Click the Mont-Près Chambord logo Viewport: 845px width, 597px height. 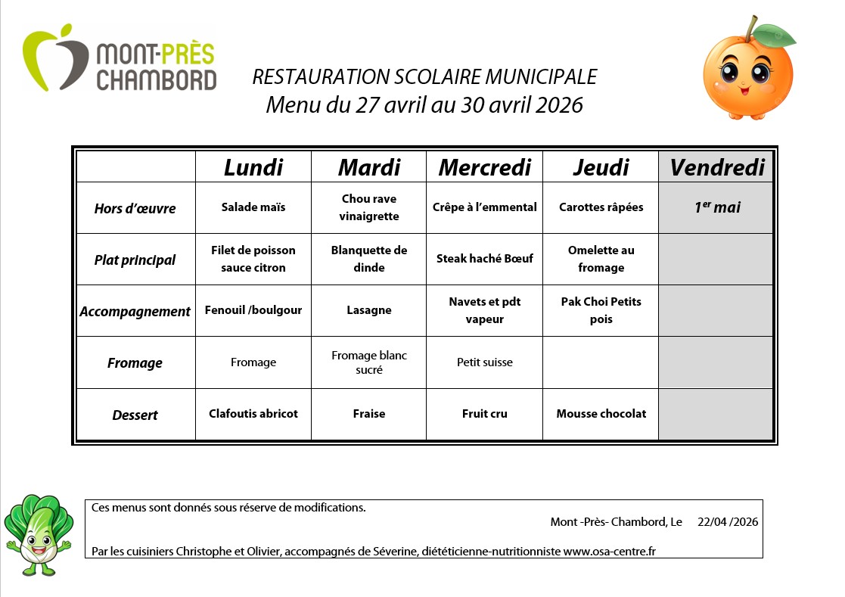[x=119, y=60]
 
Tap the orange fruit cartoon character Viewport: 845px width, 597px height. [x=748, y=69]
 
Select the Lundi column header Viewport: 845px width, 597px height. [x=253, y=167]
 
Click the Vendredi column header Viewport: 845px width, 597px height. [x=716, y=167]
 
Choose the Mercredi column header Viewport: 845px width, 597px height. [x=484, y=167]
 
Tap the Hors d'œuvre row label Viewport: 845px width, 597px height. [x=135, y=208]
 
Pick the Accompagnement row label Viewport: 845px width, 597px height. [x=135, y=311]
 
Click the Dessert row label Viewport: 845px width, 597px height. [x=135, y=415]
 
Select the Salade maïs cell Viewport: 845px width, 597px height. [x=253, y=207]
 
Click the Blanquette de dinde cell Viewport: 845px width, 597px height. [x=368, y=259]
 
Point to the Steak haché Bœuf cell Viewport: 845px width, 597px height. [x=484, y=259]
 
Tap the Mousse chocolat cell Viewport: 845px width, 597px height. [x=601, y=414]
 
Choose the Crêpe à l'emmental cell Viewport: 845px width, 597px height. [x=484, y=207]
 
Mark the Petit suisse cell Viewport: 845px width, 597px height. [x=484, y=362]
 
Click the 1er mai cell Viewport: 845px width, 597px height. [x=716, y=207]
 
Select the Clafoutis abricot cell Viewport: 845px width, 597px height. [x=253, y=414]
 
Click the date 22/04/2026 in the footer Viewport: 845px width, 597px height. [x=727, y=522]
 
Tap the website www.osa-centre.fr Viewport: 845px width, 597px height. [x=609, y=552]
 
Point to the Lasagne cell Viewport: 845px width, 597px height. [x=368, y=310]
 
